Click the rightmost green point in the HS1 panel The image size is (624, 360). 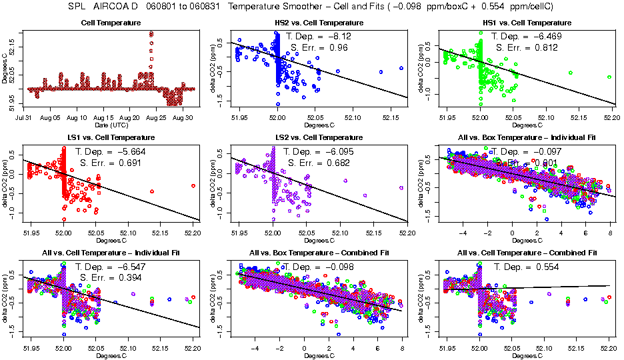click(x=609, y=77)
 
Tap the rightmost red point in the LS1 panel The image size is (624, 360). click(x=193, y=186)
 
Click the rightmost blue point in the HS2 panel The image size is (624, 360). click(x=401, y=68)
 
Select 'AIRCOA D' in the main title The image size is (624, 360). click(x=119, y=7)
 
